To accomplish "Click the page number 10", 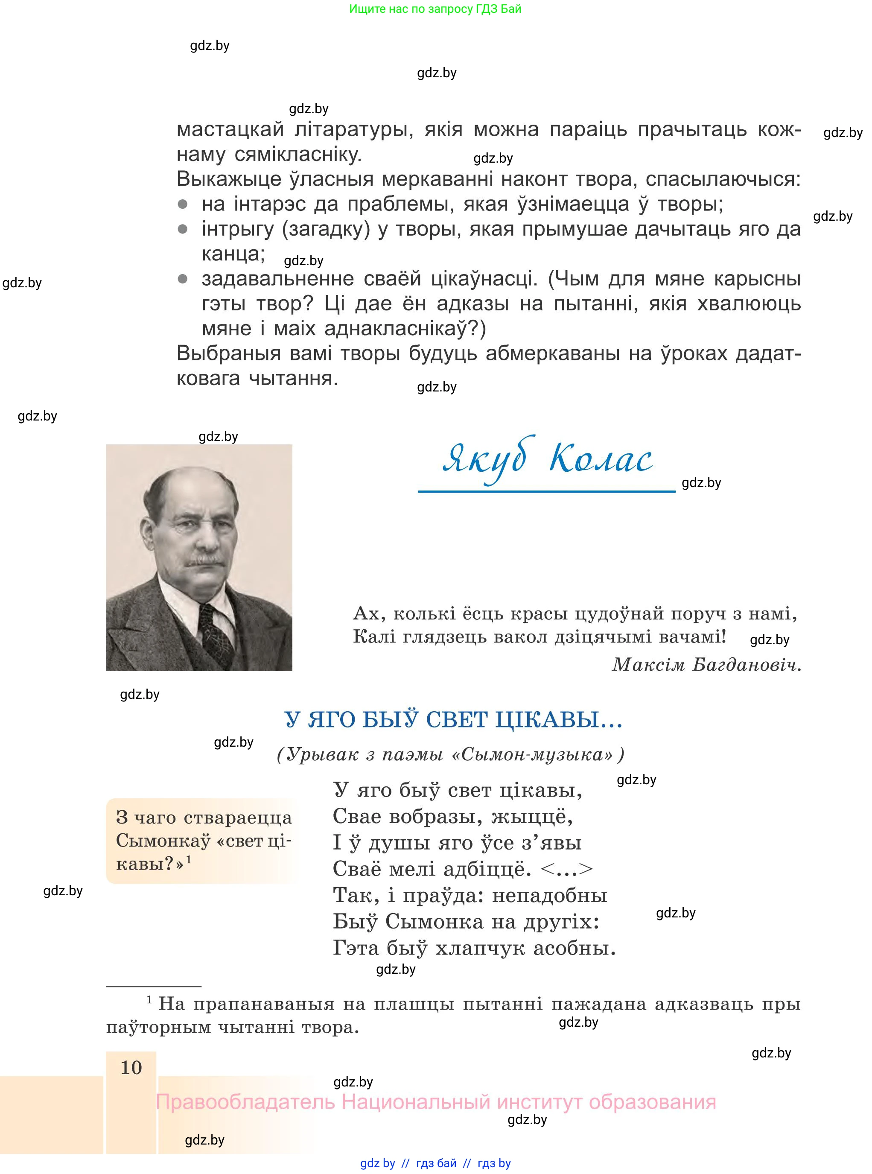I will point(131,1067).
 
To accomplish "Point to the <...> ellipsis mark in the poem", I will point(567,869).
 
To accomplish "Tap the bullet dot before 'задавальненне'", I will point(183,279).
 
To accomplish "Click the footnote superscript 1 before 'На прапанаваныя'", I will point(149,999).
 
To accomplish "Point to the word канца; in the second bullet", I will point(233,254).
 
